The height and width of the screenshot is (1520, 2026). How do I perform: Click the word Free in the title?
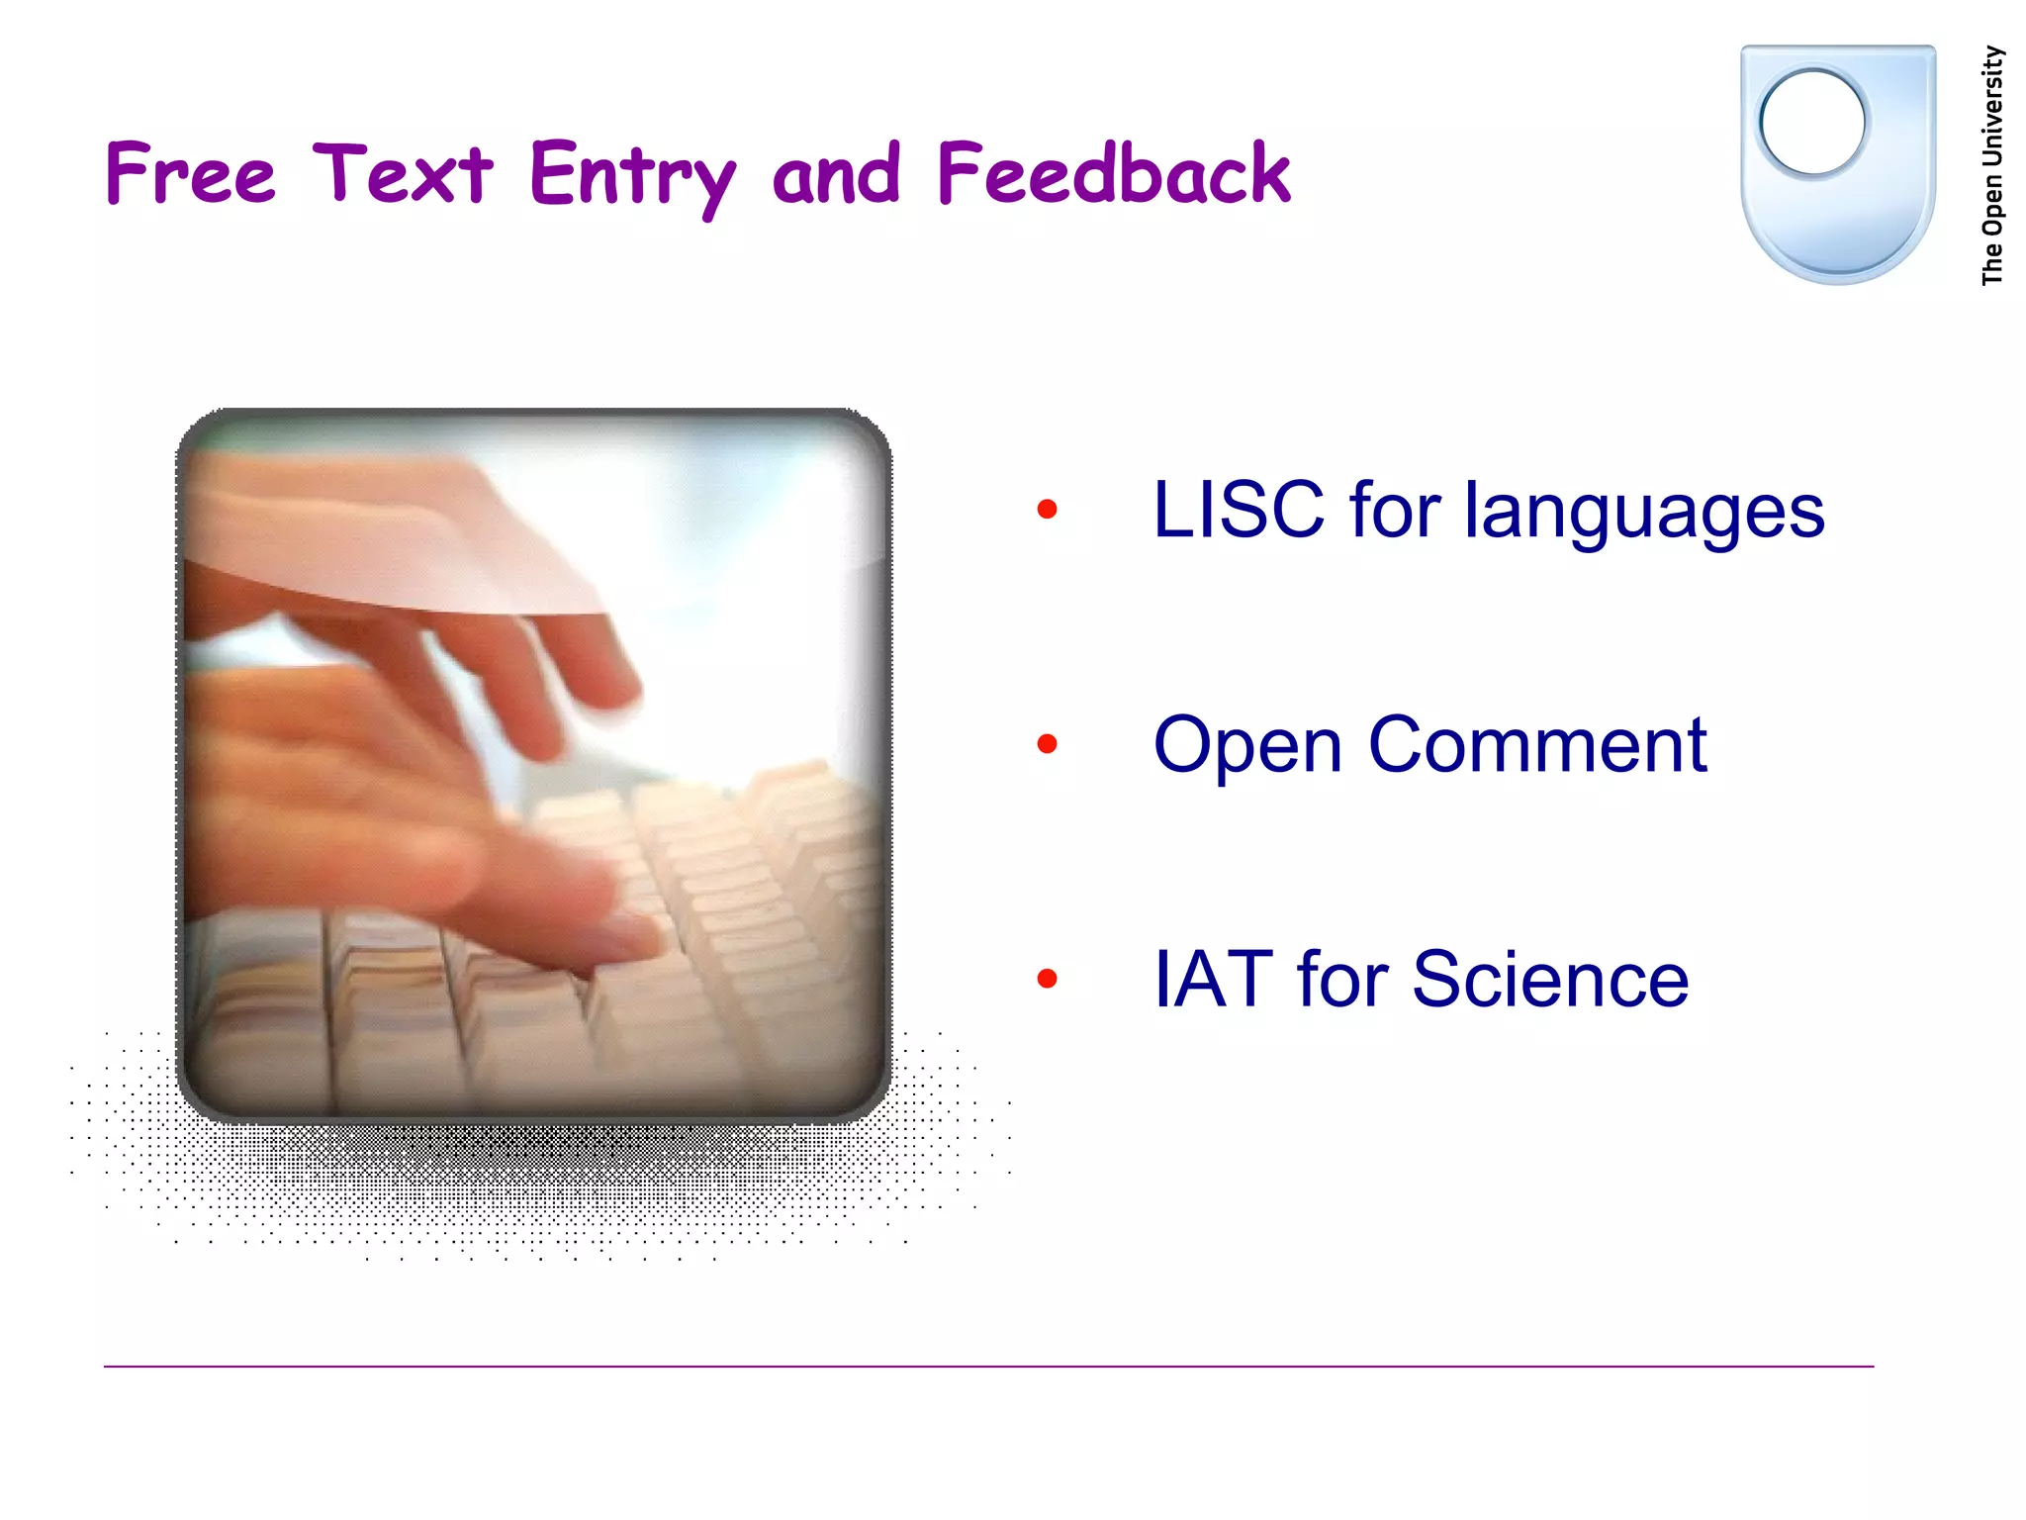point(190,173)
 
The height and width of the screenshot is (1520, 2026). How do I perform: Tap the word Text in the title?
point(403,173)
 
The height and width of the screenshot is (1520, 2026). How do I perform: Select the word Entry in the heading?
point(632,176)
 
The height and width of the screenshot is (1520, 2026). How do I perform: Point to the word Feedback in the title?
point(1113,173)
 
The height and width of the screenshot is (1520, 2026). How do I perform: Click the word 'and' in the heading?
point(836,175)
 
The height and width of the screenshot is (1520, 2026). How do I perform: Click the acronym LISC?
point(1238,510)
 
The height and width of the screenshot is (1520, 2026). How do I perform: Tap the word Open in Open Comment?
point(1247,747)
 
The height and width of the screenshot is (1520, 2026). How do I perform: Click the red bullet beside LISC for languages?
point(1047,510)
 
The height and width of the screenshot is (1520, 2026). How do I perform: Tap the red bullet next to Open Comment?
point(1047,744)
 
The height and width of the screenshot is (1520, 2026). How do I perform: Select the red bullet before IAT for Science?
point(1047,979)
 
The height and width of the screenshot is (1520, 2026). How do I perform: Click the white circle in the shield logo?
point(1812,123)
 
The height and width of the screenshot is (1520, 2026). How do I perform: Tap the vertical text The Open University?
point(1992,165)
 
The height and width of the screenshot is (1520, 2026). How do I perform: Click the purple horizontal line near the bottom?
point(989,1367)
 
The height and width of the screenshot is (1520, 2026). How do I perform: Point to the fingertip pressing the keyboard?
point(633,935)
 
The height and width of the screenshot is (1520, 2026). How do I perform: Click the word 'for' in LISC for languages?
point(1395,510)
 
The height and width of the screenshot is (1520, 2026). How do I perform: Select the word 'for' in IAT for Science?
point(1342,979)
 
